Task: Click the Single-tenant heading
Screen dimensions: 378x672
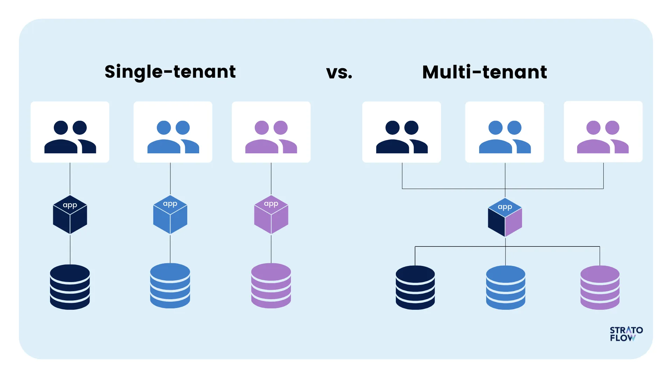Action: point(170,72)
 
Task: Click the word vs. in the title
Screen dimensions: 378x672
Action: point(339,72)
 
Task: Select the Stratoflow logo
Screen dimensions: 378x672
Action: point(626,334)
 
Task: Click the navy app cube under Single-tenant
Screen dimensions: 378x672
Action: point(70,215)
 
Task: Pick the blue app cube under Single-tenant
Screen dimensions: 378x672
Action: point(170,215)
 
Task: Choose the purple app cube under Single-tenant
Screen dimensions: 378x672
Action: point(271,215)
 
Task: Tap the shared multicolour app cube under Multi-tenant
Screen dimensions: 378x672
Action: point(505,217)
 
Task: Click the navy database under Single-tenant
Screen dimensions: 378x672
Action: point(70,287)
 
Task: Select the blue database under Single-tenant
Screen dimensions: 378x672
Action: point(170,286)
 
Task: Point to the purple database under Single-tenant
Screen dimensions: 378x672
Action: point(271,286)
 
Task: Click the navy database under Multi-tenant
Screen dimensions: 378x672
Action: point(415,287)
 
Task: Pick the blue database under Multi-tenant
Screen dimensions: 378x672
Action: point(505,287)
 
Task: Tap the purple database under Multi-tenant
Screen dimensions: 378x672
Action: point(600,287)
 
